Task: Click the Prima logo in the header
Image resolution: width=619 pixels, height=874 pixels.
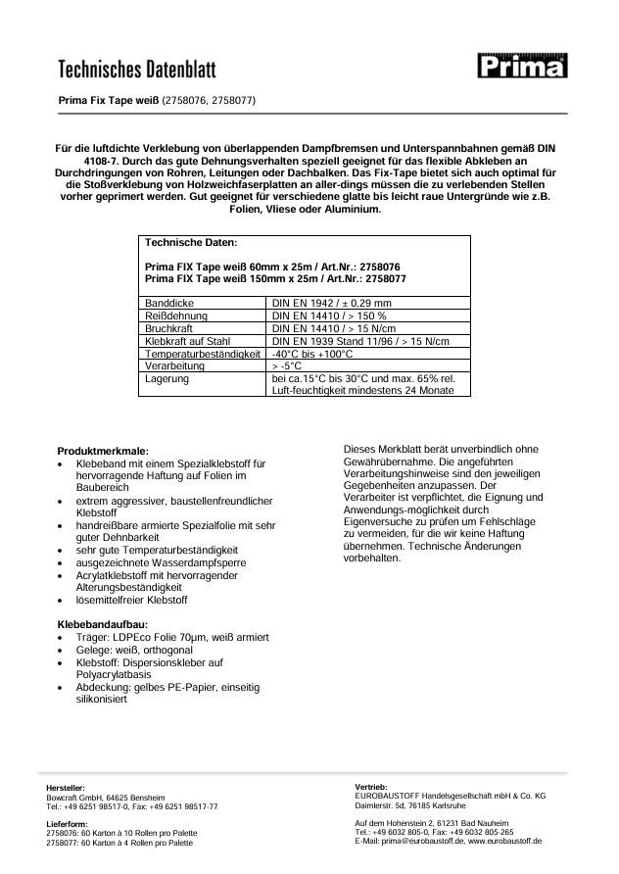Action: (x=523, y=66)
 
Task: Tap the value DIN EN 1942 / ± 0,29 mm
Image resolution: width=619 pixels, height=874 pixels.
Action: (x=331, y=304)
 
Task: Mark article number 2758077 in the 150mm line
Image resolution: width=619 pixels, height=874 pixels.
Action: (x=381, y=278)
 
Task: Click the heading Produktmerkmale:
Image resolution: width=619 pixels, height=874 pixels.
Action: (x=103, y=450)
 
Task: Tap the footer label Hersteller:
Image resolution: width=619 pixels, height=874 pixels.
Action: (x=66, y=788)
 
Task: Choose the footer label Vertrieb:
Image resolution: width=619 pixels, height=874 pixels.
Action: (x=372, y=787)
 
